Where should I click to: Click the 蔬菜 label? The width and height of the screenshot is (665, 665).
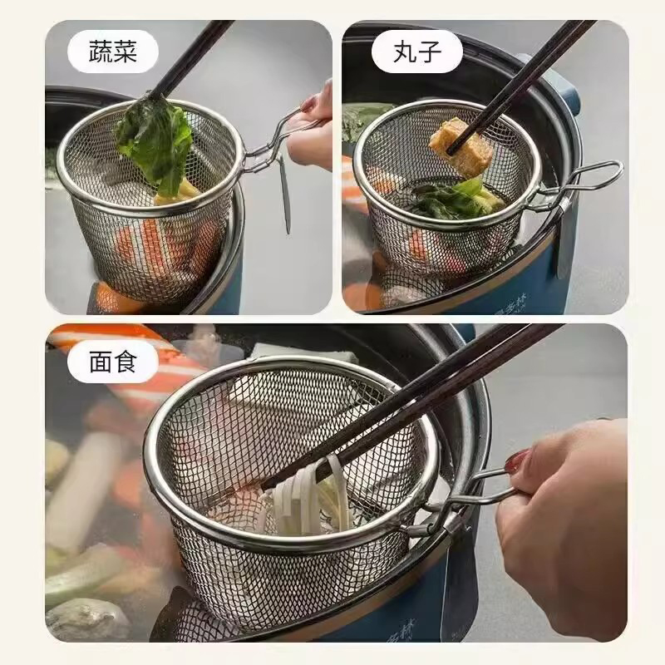click(112, 53)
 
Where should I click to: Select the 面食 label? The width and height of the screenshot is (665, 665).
click(112, 362)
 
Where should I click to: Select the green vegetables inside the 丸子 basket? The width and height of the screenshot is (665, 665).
click(453, 199)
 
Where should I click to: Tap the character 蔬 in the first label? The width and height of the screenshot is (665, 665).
click(100, 53)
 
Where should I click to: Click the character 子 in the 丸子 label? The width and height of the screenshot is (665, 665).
click(430, 53)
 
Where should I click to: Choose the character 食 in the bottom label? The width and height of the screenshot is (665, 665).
click(125, 362)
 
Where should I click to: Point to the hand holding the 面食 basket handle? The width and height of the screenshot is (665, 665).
click(565, 515)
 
